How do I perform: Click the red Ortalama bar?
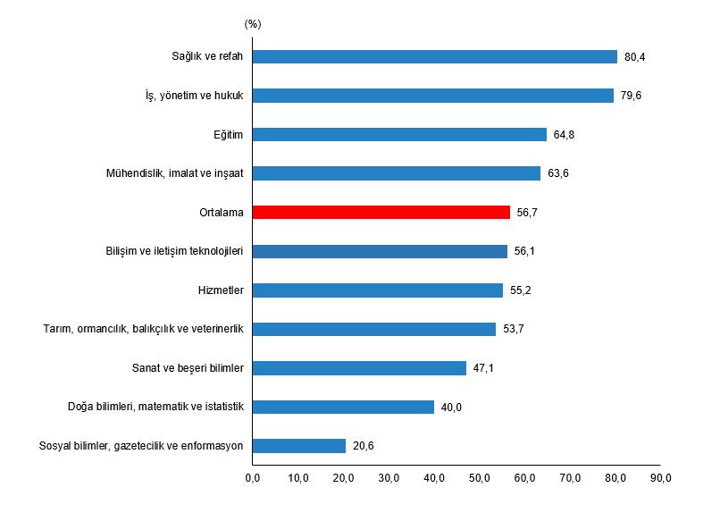point(381,212)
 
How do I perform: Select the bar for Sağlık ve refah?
point(435,56)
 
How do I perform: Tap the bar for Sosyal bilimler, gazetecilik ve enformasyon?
point(299,446)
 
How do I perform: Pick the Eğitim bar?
point(399,135)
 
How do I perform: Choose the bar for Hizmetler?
point(378,290)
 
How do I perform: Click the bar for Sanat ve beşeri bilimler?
point(359,368)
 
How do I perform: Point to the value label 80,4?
point(634,57)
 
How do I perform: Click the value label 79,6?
point(631,96)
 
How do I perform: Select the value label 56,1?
point(524,251)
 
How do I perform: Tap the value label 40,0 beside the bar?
point(451,408)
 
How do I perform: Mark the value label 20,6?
point(364,446)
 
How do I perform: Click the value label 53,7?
point(514,329)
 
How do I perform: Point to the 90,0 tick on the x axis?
point(660,478)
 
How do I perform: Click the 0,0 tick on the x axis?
point(253,478)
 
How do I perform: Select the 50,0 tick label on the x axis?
point(480,478)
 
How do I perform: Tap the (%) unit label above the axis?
point(253,24)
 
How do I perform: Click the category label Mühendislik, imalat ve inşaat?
point(174,173)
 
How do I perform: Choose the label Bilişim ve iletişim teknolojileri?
point(174,251)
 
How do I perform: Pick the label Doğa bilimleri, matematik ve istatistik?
point(155,407)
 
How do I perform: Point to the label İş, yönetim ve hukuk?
point(194,96)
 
